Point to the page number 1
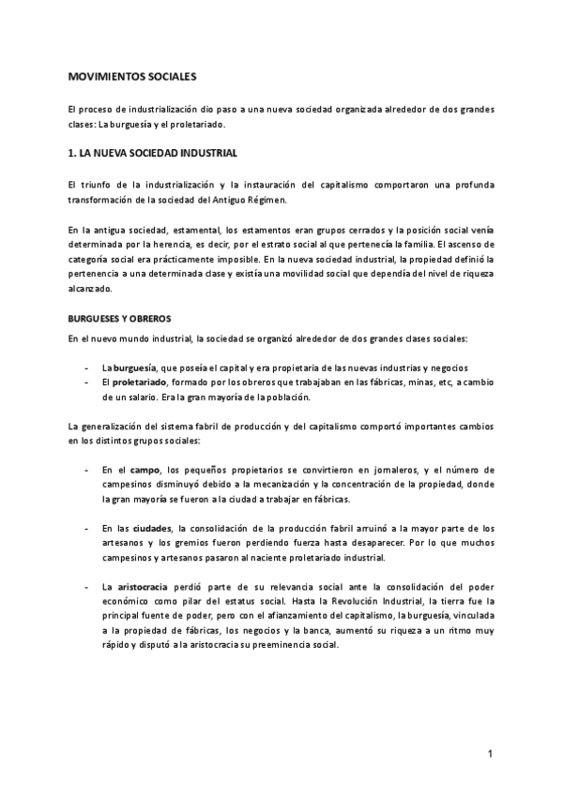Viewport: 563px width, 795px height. [490, 754]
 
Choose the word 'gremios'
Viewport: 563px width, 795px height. [255, 543]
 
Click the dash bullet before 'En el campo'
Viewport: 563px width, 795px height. [86, 469]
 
